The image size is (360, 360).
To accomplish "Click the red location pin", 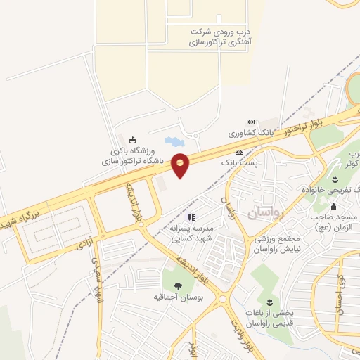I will [180, 165].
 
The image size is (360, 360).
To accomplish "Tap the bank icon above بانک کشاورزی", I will [251, 121].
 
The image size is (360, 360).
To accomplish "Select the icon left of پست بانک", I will [239, 151].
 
